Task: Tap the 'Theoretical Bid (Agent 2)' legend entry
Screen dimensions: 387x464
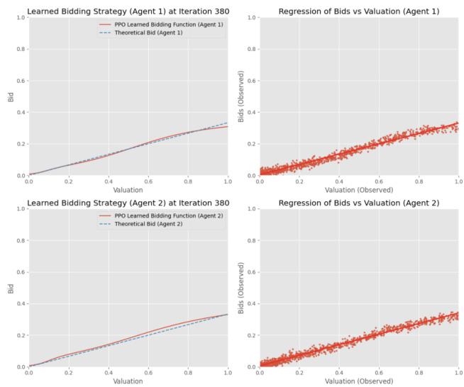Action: point(149,223)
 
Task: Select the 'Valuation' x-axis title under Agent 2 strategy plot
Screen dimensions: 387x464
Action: point(128,382)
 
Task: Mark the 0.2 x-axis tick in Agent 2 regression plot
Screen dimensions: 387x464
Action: point(299,373)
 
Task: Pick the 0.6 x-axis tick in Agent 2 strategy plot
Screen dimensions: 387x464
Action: point(148,373)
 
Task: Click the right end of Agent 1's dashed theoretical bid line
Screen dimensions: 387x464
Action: point(227,123)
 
